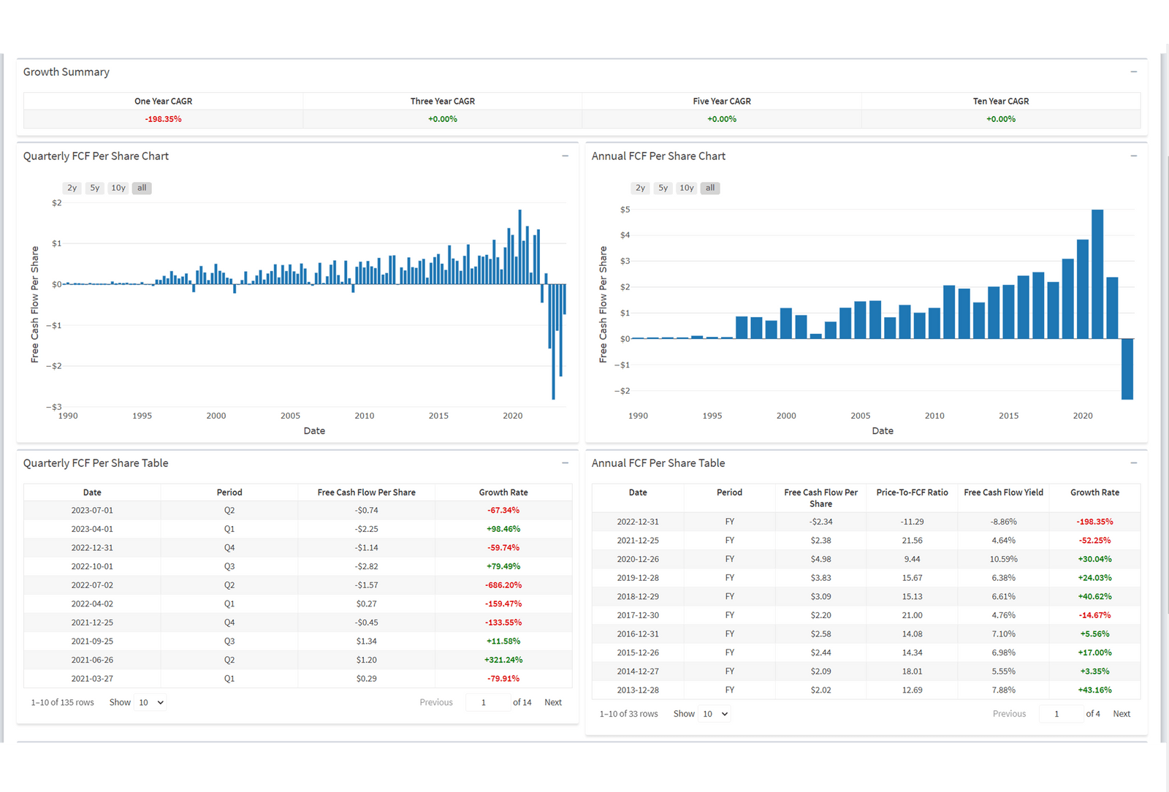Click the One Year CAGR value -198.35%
click(x=163, y=119)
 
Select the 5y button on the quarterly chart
click(x=95, y=188)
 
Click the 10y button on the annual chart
click(x=687, y=188)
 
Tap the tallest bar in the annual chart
click(x=1097, y=274)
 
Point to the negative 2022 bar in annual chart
click(x=1127, y=369)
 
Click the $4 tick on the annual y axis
click(x=625, y=235)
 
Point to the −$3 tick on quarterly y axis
click(x=54, y=407)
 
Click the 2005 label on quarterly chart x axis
click(x=290, y=416)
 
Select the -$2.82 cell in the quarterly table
click(x=366, y=566)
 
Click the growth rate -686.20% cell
click(x=503, y=585)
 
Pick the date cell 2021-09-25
click(x=92, y=641)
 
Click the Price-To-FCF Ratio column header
click(x=912, y=492)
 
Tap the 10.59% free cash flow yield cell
click(x=1003, y=559)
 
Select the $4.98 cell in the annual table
click(x=820, y=559)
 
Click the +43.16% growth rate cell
click(x=1094, y=690)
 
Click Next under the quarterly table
click(x=553, y=702)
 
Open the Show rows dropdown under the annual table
click(x=715, y=714)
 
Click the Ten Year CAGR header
click(x=1000, y=102)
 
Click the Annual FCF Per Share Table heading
click(x=658, y=463)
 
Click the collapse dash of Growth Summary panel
click(x=1133, y=72)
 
